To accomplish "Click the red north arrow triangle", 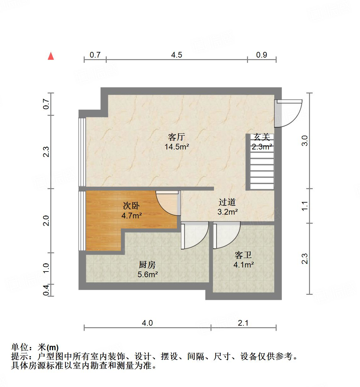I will [51, 56].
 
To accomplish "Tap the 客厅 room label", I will [176, 137].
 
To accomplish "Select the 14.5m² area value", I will [177, 146].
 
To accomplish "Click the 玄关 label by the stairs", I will [262, 137].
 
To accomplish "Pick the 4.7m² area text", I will [132, 216].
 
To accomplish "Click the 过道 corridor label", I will [227, 202].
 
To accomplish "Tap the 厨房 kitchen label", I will [147, 265].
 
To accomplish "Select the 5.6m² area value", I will [148, 274].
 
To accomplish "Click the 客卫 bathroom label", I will [243, 255].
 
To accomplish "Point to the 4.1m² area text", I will [244, 265].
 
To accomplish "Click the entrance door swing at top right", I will [288, 113].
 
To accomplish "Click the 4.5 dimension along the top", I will [177, 55].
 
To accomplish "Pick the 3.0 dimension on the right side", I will [305, 141].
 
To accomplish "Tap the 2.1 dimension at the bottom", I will [243, 323].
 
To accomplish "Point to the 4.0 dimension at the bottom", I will [147, 323].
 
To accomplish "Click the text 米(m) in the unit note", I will [48, 347].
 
